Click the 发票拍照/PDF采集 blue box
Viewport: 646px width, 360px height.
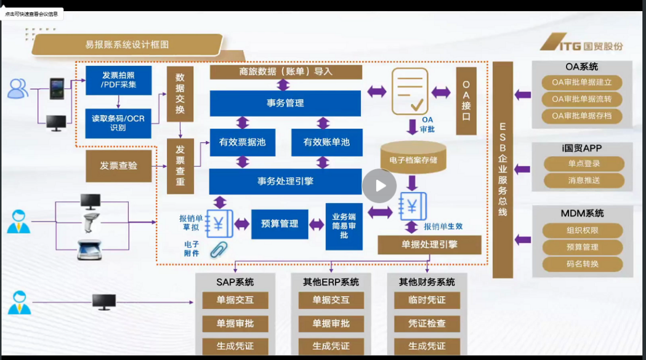tap(118, 80)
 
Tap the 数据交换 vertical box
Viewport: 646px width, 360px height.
tap(180, 94)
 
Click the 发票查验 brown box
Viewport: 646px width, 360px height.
tap(119, 166)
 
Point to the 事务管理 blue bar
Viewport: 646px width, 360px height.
tap(285, 103)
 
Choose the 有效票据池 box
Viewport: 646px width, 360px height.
tap(243, 142)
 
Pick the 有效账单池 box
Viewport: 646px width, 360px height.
tap(326, 142)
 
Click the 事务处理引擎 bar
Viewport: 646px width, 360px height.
tap(285, 182)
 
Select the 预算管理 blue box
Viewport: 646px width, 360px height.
tap(280, 224)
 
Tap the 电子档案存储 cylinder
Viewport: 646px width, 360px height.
tap(413, 159)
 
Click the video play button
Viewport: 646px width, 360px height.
tap(379, 185)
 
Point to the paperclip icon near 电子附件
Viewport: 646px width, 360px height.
tap(218, 249)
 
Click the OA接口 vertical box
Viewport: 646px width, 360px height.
tap(466, 101)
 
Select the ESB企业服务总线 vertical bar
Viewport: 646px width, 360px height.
tap(503, 169)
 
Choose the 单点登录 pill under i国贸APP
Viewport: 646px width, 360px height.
tap(584, 164)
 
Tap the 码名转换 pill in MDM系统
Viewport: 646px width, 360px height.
tap(583, 264)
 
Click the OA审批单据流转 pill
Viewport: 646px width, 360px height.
tap(582, 99)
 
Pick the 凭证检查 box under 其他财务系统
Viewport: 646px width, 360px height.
tap(427, 323)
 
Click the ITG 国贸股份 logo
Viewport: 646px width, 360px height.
tap(581, 45)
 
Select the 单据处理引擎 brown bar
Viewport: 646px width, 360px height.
tap(429, 244)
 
